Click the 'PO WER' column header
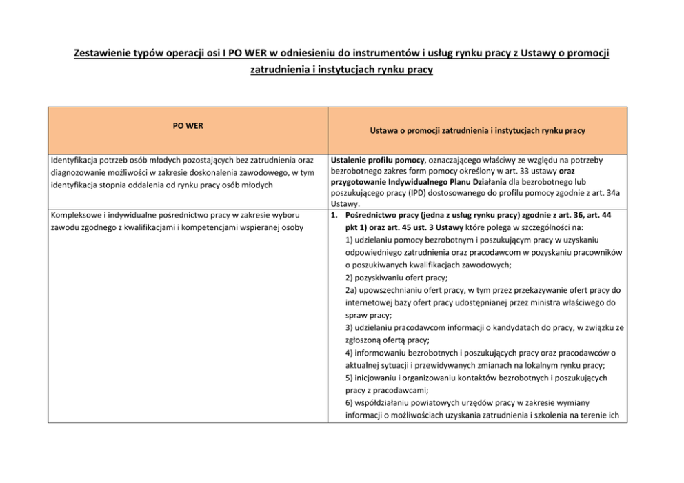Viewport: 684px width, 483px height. coord(188,126)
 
